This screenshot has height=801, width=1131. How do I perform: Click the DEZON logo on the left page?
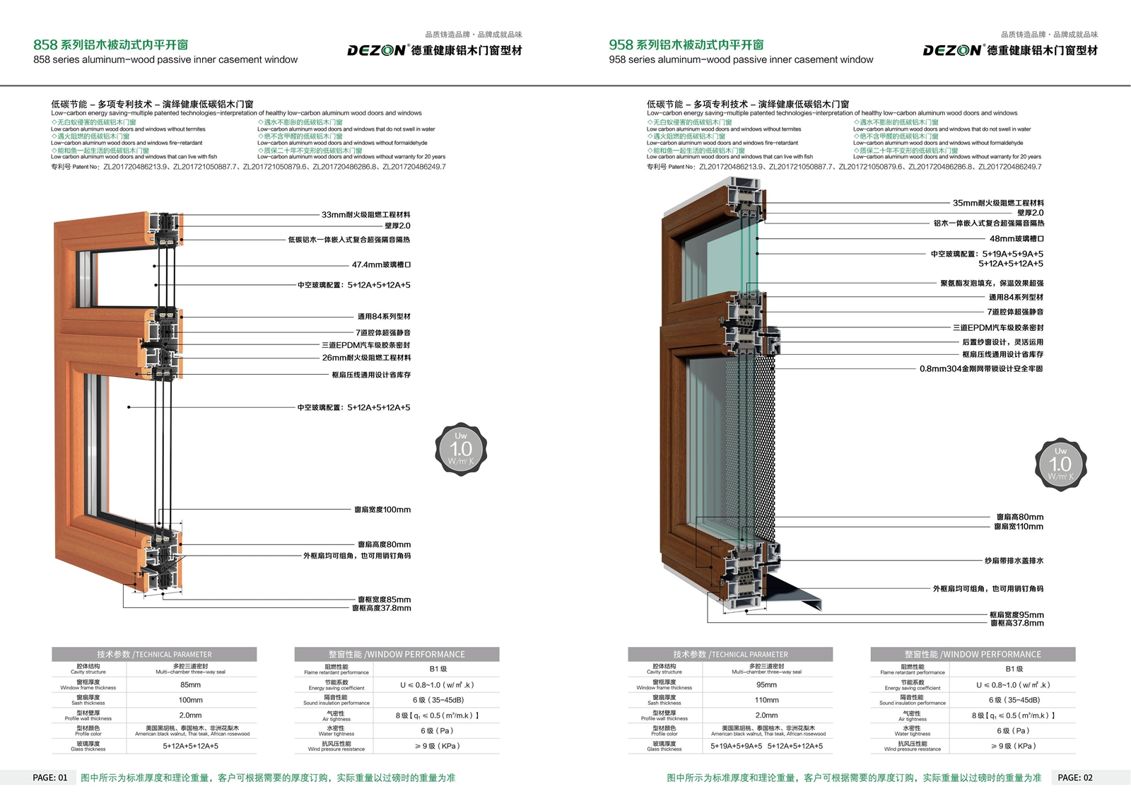[x=376, y=50]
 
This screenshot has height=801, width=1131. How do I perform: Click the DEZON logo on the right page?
[x=952, y=50]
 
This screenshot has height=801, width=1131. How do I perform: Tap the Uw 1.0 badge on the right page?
[x=1060, y=464]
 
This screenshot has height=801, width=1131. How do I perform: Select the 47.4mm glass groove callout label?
[x=381, y=265]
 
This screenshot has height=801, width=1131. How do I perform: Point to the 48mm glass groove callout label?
[x=1016, y=239]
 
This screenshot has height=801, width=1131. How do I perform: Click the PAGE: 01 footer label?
[x=50, y=778]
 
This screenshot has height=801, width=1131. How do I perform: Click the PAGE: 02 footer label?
[x=1075, y=778]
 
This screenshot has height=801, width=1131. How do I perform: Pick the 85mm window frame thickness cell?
[x=190, y=684]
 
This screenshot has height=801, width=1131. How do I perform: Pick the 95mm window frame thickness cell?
[x=766, y=684]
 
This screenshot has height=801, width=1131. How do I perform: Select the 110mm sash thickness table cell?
[x=766, y=700]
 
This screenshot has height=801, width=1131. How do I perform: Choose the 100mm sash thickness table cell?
[x=190, y=700]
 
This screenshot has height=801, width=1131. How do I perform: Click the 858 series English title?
[x=165, y=60]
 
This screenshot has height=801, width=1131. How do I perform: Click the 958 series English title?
[x=741, y=60]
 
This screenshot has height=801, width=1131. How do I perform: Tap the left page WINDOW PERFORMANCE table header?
[x=397, y=655]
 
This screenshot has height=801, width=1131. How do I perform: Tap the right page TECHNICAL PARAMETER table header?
[x=730, y=655]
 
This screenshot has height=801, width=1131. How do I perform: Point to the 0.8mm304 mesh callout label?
[x=981, y=369]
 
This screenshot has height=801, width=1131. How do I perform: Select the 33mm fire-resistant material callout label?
[x=365, y=215]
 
